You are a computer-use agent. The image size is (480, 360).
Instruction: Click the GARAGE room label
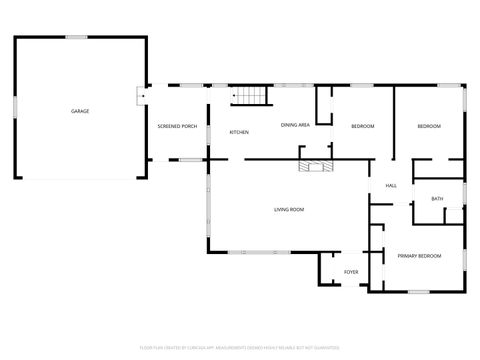coord(80,110)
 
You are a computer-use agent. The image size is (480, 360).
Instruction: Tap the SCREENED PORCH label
coord(175,126)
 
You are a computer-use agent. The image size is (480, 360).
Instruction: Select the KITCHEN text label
coord(239,132)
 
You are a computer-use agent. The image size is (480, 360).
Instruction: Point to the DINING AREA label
coord(294,125)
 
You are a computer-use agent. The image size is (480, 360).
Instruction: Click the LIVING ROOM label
coord(289,209)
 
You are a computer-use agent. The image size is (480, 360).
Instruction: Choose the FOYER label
coord(351,271)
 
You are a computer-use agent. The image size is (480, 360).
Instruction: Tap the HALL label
coord(391,186)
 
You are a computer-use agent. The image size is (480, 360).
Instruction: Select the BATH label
coord(437,199)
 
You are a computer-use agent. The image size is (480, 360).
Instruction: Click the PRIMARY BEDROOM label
coord(419,257)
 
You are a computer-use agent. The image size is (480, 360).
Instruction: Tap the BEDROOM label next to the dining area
coord(362,126)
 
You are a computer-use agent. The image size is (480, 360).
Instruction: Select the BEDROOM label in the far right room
coord(429,126)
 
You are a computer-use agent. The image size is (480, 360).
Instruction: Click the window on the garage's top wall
coord(77,38)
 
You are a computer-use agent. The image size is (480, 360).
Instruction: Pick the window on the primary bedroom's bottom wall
coord(417,292)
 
